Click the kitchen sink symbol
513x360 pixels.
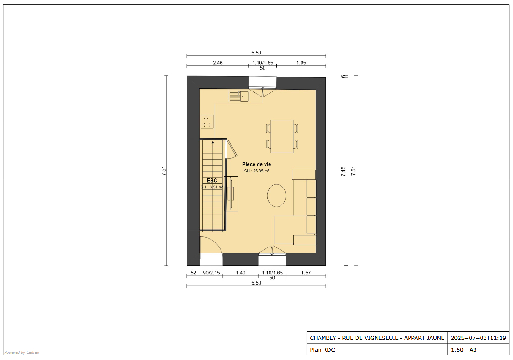(239, 97)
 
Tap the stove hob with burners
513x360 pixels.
(207, 121)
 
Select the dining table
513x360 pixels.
(282, 136)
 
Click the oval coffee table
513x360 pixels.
(276, 195)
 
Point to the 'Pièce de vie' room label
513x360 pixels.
(256, 165)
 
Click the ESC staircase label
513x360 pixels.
(212, 181)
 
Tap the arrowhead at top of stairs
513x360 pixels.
(213, 142)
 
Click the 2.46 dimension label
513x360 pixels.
(217, 63)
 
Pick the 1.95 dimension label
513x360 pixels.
(301, 63)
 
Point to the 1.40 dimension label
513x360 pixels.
(240, 273)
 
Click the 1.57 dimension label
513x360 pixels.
(306, 273)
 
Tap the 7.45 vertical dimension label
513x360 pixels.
(343, 172)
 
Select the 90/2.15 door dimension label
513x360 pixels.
(211, 273)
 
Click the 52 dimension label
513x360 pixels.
(194, 273)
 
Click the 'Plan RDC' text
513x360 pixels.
(323, 350)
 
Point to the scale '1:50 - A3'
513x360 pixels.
(464, 350)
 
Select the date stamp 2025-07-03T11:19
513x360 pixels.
(478, 338)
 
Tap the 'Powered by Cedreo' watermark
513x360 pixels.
(22, 353)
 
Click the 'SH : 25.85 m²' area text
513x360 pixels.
(256, 171)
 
